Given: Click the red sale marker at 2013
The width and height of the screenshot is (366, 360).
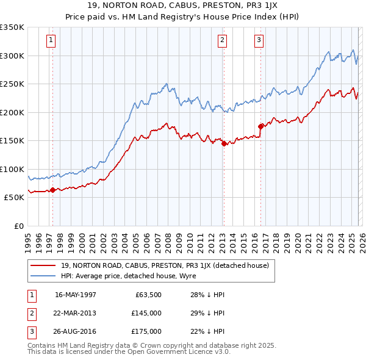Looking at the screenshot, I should click(x=224, y=144).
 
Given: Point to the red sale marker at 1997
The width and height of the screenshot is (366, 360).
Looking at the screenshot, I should click(x=52, y=190).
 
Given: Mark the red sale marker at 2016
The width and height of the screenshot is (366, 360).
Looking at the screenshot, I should click(x=260, y=127).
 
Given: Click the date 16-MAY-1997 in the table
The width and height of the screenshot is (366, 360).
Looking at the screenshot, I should click(x=76, y=295).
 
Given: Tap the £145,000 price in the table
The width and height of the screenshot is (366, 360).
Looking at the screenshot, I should click(x=146, y=313).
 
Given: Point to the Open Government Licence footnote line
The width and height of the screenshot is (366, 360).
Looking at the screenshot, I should click(x=129, y=352).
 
